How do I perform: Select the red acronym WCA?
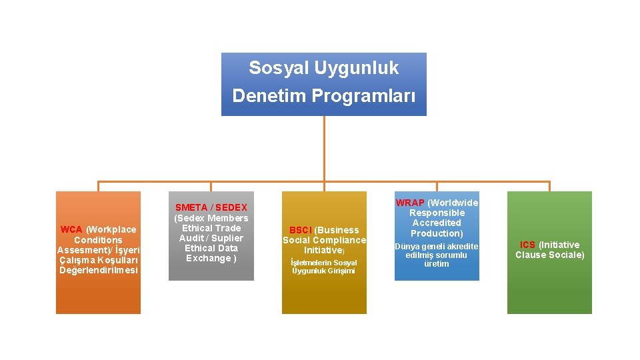[71, 229]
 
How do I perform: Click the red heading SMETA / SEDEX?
[211, 208]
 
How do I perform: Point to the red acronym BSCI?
[300, 230]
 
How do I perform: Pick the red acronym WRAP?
[410, 203]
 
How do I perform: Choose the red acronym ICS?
[527, 245]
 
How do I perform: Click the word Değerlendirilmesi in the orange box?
[98, 270]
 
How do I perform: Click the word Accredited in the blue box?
[437, 223]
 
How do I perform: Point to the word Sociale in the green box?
[567, 255]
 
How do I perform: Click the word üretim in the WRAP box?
[437, 264]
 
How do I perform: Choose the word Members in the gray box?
[227, 218]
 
